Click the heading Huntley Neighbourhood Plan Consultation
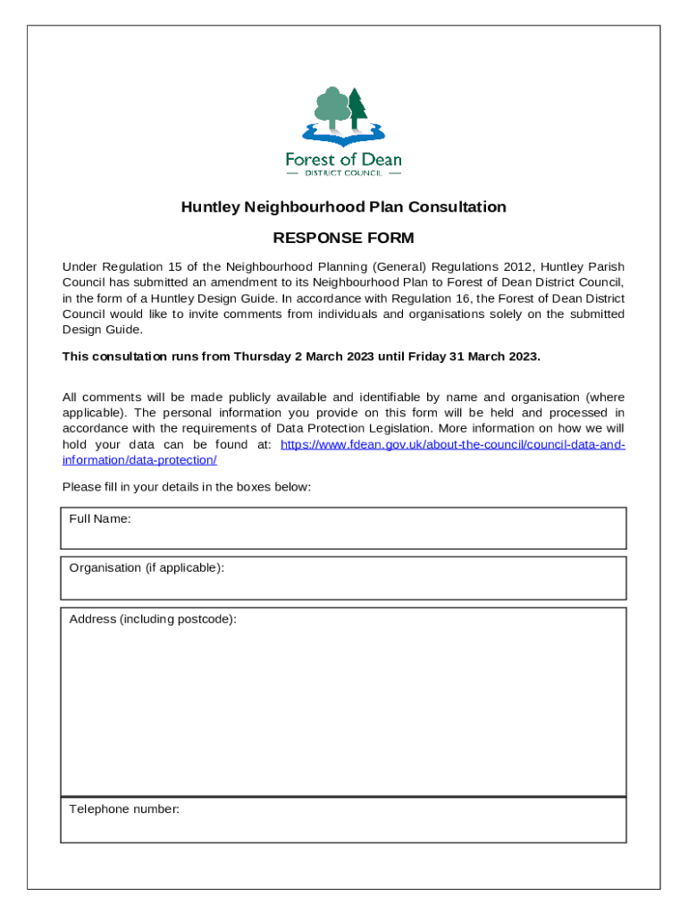[343, 207]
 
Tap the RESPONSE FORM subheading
[343, 239]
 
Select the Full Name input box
[343, 534]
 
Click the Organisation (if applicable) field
[343, 584]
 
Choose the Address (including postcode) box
[343, 706]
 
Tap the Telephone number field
[343, 827]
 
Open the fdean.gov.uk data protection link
[452, 445]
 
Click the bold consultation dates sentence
[301, 357]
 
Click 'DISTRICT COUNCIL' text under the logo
[343, 173]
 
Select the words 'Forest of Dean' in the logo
[343, 159]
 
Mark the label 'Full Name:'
[100, 519]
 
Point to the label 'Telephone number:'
[124, 810]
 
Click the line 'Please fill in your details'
[186, 487]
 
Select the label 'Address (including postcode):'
[153, 619]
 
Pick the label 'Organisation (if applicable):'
[147, 568]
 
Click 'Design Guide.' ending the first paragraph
[102, 330]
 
